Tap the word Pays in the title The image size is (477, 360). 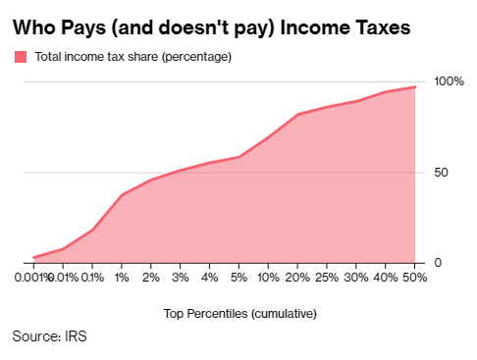click(x=83, y=28)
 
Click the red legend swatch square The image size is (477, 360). click(x=21, y=57)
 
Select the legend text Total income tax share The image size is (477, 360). click(x=96, y=57)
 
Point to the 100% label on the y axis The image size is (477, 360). click(x=449, y=81)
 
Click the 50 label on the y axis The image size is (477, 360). click(x=441, y=173)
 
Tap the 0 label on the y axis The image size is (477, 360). click(x=438, y=263)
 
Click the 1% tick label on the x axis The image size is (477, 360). click(x=122, y=278)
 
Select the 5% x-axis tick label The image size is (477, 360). click(x=238, y=278)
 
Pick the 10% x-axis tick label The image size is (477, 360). click(x=268, y=278)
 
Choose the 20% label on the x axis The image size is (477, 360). click(x=297, y=278)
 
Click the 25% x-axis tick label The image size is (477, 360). click(x=327, y=278)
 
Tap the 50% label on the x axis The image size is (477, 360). click(x=415, y=278)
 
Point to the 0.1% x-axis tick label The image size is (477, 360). click(x=92, y=278)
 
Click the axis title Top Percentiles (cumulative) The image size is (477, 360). click(x=240, y=314)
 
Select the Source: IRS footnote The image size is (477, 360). click(x=49, y=336)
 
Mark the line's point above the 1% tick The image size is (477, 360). click(x=122, y=195)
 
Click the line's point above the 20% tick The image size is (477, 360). click(x=297, y=115)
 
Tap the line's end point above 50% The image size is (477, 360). click(x=415, y=87)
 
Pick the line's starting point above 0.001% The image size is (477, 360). click(x=33, y=258)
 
